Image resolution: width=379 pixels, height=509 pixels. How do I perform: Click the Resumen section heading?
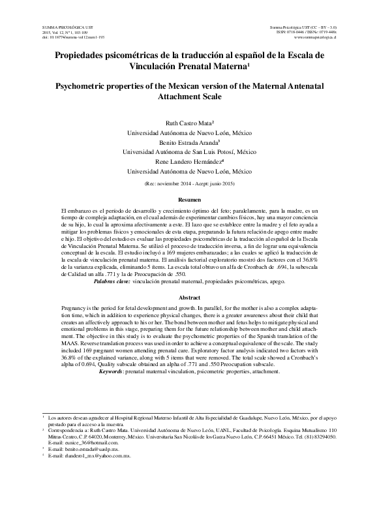(189, 199)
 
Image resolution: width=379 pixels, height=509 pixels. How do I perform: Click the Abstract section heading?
(189, 298)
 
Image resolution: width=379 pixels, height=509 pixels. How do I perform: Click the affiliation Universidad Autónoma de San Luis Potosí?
(189, 151)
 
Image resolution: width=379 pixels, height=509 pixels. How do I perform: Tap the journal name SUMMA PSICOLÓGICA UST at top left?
(58, 22)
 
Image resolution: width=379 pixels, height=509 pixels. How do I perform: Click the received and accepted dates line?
(189, 185)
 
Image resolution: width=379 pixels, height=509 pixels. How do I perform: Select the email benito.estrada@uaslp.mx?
(82, 450)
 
